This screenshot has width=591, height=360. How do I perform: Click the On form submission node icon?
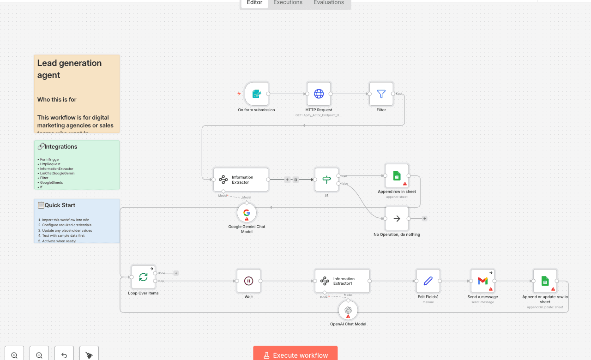pyautogui.click(x=256, y=94)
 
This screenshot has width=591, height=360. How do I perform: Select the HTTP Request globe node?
pyautogui.click(x=319, y=94)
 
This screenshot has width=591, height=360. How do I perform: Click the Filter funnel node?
pyautogui.click(x=381, y=94)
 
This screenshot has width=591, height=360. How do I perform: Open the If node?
pyautogui.click(x=326, y=180)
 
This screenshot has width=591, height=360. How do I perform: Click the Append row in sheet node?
pyautogui.click(x=397, y=176)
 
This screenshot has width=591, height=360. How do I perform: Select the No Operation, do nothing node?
pyautogui.click(x=397, y=219)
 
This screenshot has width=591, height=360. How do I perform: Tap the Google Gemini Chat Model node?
pyautogui.click(x=247, y=213)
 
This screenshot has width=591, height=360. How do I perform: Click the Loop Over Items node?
pyautogui.click(x=143, y=277)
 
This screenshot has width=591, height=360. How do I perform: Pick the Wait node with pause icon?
pyautogui.click(x=248, y=281)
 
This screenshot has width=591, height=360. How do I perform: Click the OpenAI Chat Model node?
pyautogui.click(x=348, y=310)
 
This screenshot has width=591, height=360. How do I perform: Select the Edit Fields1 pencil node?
pyautogui.click(x=428, y=281)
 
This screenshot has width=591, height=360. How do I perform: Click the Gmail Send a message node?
pyautogui.click(x=482, y=281)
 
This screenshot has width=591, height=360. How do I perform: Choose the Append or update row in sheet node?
pyautogui.click(x=545, y=281)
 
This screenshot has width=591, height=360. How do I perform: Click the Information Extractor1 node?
pyautogui.click(x=342, y=281)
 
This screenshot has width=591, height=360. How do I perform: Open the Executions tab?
pyautogui.click(x=288, y=3)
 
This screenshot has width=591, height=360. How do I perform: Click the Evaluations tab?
pyautogui.click(x=328, y=3)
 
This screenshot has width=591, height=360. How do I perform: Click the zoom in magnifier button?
pyautogui.click(x=14, y=355)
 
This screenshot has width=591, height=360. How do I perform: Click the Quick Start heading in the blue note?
pyautogui.click(x=60, y=205)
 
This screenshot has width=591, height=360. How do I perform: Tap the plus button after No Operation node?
pyautogui.click(x=424, y=219)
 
